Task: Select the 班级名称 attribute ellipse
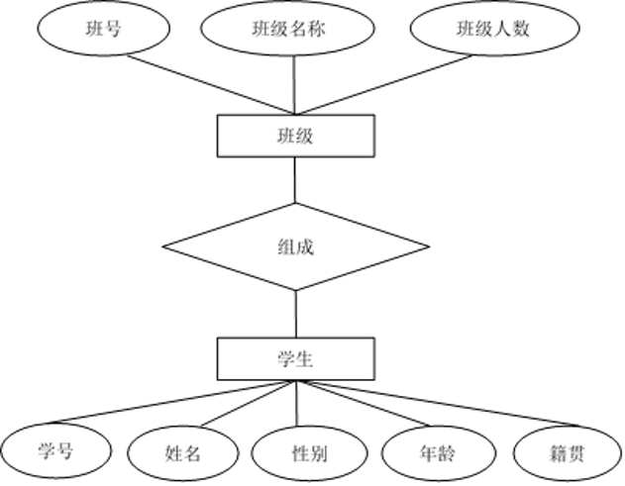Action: click(278, 29)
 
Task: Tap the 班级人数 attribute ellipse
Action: click(493, 29)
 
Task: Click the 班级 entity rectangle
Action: click(295, 136)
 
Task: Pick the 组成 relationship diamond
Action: click(295, 247)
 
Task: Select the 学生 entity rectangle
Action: click(295, 358)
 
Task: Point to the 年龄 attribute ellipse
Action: click(437, 454)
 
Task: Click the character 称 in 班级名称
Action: click(317, 29)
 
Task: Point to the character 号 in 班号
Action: click(114, 29)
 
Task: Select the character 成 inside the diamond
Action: click(305, 247)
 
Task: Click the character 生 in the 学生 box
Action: click(305, 358)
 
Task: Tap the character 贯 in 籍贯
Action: click(576, 454)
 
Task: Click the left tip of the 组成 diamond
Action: click(167, 247)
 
